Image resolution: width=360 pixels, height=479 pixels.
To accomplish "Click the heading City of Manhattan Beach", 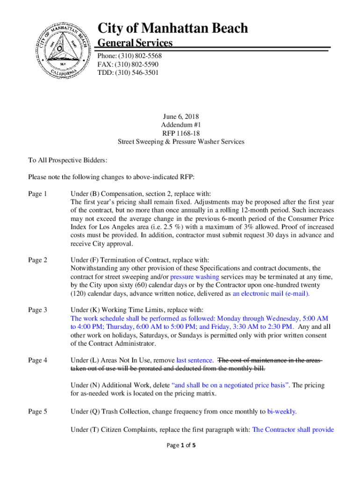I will pos(173,29).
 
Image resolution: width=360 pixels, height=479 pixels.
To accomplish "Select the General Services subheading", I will pos(135,44).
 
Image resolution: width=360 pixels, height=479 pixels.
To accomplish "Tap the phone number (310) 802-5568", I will pos(138,56).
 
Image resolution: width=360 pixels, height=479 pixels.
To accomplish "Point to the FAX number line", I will pos(128,65).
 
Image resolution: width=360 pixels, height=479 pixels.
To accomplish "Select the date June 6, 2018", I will pos(180,116).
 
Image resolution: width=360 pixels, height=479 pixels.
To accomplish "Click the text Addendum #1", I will pos(180,124).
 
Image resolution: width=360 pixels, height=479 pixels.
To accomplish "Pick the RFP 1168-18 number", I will pos(180,133).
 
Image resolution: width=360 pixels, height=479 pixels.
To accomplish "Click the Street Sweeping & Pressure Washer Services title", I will pos(180,141).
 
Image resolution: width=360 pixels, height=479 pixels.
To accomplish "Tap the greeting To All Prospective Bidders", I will pos(68,160).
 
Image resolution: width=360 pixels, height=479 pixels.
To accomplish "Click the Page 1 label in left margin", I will pos(37,194).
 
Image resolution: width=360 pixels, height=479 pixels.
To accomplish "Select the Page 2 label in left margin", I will pos(37,260).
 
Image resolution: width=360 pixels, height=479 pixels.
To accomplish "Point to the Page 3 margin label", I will pos(37,310).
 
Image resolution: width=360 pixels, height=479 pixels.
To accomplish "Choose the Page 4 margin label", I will pos(37,360).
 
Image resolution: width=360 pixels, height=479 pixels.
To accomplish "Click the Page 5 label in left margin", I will pos(37,412).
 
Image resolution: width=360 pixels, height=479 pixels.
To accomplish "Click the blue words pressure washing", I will pos(191,277).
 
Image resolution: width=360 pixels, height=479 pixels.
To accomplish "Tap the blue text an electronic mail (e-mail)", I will pos(271,294).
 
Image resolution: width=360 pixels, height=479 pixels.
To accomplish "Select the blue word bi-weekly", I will pos(282,412).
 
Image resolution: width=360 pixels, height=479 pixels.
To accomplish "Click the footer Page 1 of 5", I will pos(180,445).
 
